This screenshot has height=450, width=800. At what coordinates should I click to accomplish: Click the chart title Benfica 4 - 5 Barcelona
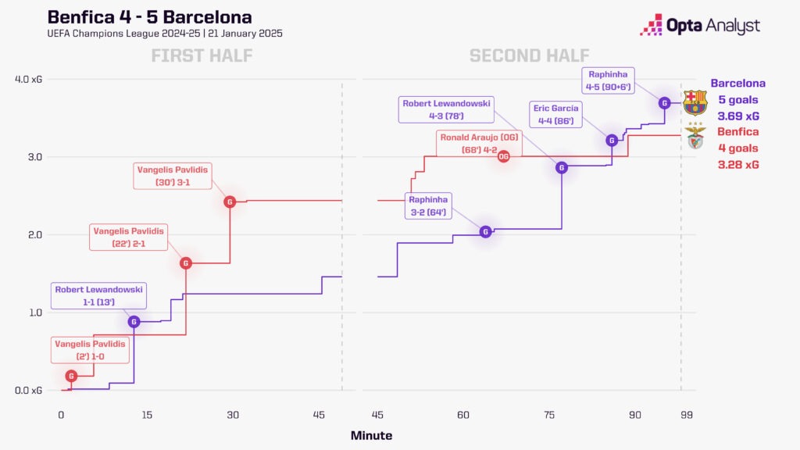[x=149, y=17]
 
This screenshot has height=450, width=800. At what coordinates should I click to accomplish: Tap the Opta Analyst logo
[x=698, y=25]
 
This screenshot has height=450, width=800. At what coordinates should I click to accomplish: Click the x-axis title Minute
[x=371, y=435]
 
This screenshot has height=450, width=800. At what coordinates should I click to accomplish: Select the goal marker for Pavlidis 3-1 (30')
[x=230, y=202]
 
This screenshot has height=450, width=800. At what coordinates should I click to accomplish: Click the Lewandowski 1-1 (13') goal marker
[x=134, y=322]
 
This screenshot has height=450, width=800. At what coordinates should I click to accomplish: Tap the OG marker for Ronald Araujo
[x=504, y=156]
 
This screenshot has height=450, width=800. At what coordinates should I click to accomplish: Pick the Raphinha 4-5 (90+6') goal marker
[x=664, y=102]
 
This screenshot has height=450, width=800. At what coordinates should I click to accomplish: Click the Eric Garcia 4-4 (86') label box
[x=555, y=114]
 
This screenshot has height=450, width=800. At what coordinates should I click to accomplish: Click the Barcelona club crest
[x=694, y=102]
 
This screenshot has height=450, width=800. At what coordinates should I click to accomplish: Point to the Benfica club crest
[x=694, y=137]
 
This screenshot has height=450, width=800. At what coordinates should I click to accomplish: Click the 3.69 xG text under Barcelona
[x=738, y=116]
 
